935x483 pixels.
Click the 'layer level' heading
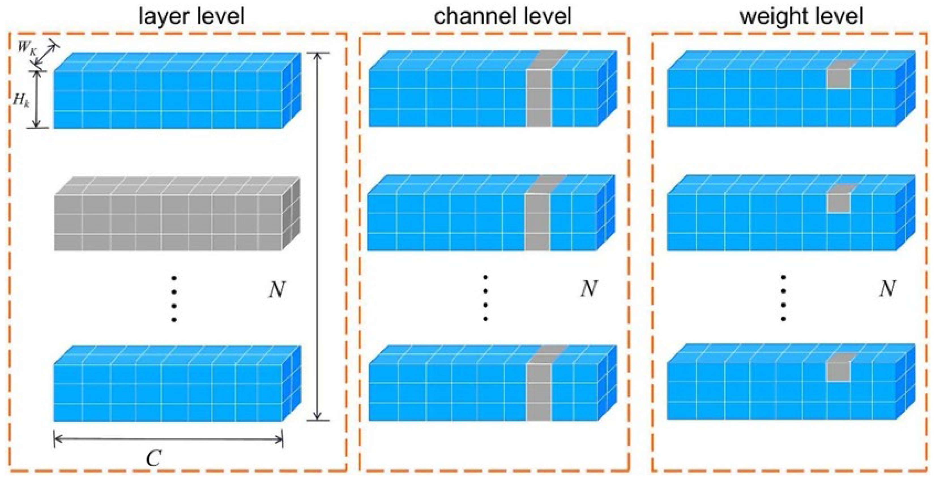coord(192,16)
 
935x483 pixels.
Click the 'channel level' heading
coord(503,16)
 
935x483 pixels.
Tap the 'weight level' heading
coord(801,16)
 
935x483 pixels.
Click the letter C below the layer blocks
coord(153,458)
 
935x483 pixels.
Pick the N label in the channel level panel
coord(589,289)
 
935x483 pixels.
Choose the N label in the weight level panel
coord(887,289)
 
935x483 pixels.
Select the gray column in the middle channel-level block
coord(537,221)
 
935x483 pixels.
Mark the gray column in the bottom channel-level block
coord(539,392)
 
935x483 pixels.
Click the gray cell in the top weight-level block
coord(839,78)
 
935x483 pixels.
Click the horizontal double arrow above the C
coord(168,439)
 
